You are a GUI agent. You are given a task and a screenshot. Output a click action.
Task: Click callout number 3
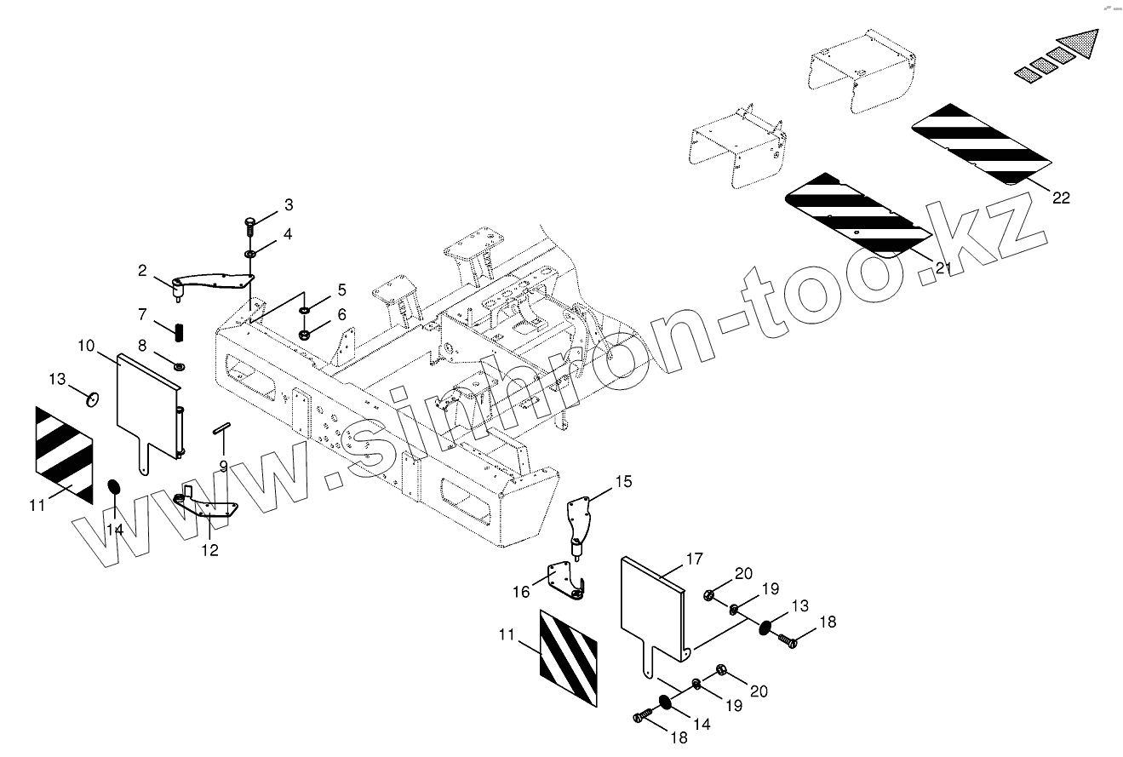(288, 205)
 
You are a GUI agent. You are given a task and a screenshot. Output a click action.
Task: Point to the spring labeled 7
(180, 330)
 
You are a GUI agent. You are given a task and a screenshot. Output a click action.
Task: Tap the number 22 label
(1060, 198)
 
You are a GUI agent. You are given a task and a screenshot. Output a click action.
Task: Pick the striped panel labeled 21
(856, 213)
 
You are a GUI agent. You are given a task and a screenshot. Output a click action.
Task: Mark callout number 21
(942, 267)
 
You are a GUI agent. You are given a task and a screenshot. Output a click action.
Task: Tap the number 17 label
(694, 559)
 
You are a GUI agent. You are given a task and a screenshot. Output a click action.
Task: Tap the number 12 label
(209, 550)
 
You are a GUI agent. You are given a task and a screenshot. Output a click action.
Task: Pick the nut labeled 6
(305, 334)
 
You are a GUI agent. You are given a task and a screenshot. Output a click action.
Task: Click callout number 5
(341, 290)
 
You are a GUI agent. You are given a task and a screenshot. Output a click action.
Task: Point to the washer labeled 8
(180, 366)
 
